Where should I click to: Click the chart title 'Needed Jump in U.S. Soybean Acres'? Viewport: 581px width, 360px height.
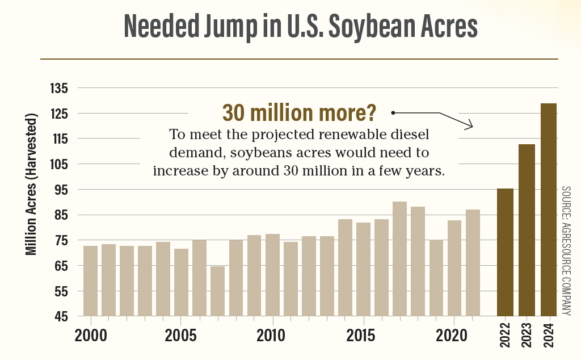(301, 26)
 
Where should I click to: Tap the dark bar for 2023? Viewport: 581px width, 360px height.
(527, 230)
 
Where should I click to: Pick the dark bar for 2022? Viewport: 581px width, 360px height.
(505, 252)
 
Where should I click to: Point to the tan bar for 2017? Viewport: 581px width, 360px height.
(399, 258)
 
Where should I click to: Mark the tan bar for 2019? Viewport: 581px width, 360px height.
(436, 278)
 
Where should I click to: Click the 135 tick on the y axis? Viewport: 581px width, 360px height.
(59, 89)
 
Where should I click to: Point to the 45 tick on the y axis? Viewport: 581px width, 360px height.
(59, 316)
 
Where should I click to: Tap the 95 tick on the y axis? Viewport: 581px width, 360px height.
(59, 190)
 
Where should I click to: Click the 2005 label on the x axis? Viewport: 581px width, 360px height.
(182, 334)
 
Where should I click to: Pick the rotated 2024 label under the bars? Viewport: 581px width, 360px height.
(549, 336)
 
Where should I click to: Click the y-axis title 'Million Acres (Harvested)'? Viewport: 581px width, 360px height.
(32, 184)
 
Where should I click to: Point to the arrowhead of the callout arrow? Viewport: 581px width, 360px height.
(470, 125)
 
